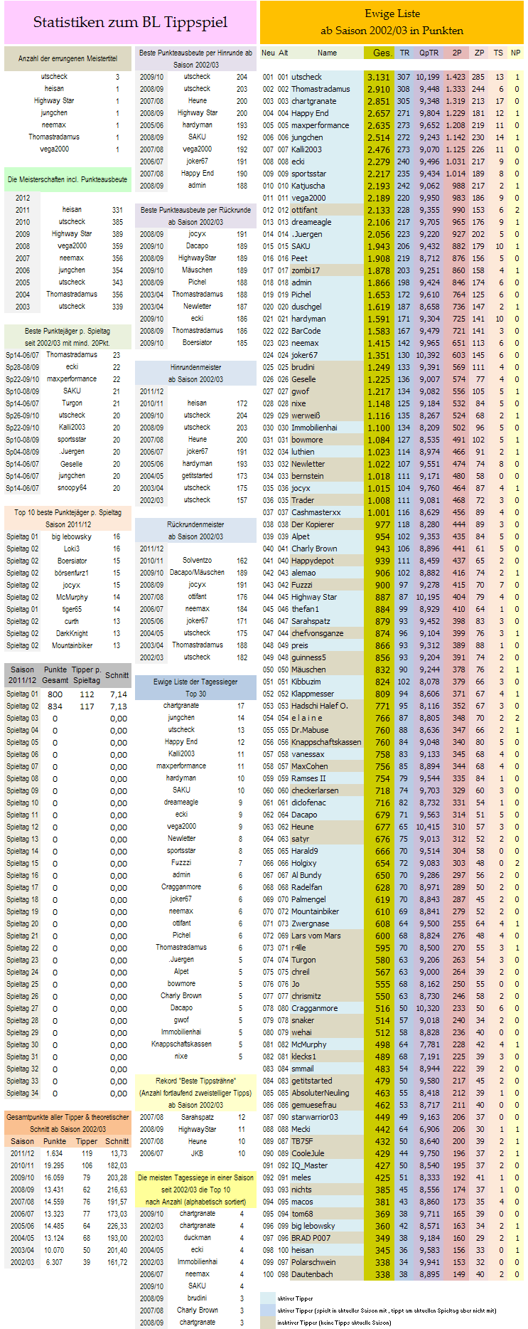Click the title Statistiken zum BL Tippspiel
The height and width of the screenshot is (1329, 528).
pyautogui.click(x=130, y=22)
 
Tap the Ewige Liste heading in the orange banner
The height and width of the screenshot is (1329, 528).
pyautogui.click(x=392, y=14)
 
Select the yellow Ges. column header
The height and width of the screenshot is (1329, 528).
pyautogui.click(x=382, y=53)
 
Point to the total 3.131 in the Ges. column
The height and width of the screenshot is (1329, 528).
pyautogui.click(x=379, y=78)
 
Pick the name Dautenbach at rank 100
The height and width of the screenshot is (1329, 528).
pyautogui.click(x=312, y=1274)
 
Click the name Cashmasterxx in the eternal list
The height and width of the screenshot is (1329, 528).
pyautogui.click(x=316, y=512)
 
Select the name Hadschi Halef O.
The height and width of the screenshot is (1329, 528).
pyautogui.click(x=320, y=706)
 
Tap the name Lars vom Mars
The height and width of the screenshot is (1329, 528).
pyautogui.click(x=316, y=936)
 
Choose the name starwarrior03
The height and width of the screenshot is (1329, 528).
pyautogui.click(x=315, y=1117)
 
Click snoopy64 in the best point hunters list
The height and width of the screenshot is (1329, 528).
pyautogui.click(x=72, y=488)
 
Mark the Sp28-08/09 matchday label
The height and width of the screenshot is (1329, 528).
pyautogui.click(x=23, y=367)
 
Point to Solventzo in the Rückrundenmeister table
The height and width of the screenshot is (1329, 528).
pyautogui.click(x=197, y=561)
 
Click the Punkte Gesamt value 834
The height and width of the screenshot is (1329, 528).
pyautogui.click(x=55, y=706)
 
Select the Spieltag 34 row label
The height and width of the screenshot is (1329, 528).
pyautogui.click(x=23, y=1093)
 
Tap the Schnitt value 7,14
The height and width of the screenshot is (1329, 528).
pyautogui.click(x=119, y=694)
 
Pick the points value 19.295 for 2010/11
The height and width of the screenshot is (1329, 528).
pyautogui.click(x=54, y=1165)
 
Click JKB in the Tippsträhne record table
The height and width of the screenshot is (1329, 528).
pyautogui.click(x=197, y=1153)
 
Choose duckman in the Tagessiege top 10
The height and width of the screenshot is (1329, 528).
pyautogui.click(x=197, y=1237)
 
